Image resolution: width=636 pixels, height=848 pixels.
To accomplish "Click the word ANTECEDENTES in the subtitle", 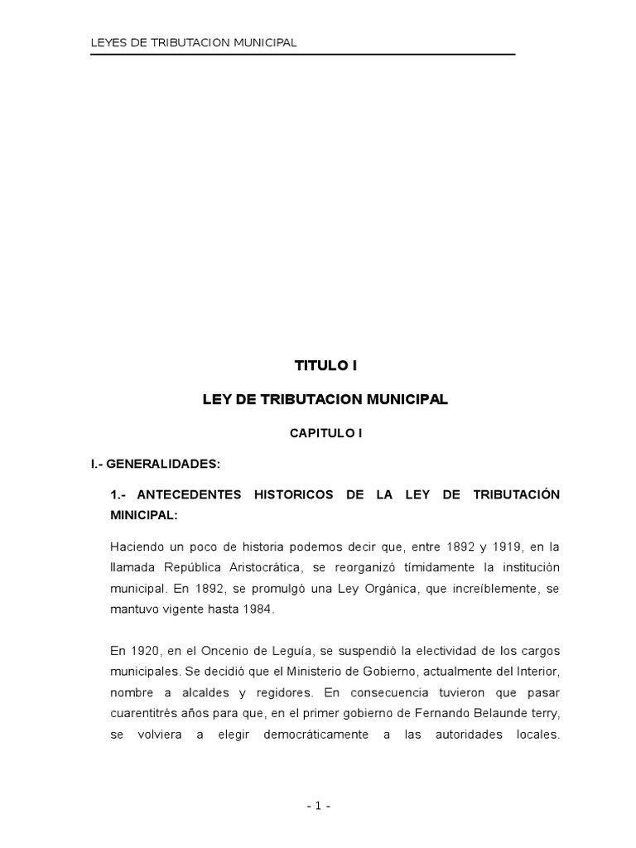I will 189,494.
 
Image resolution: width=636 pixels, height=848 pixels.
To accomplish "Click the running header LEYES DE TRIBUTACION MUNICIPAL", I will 193,42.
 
